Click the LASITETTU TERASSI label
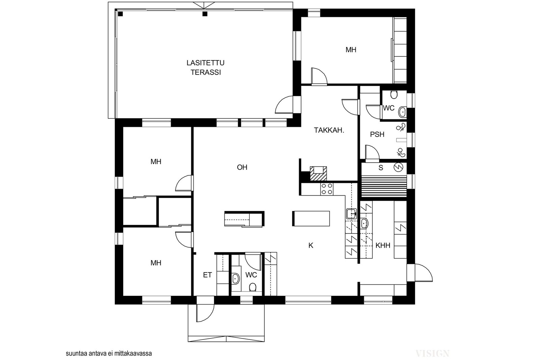[206, 68]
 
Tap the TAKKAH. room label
[329, 130]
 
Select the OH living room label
[242, 167]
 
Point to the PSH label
[377, 135]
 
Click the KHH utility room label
[383, 246]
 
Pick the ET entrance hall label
[207, 275]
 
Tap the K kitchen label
[311, 246]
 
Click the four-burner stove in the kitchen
[327, 189]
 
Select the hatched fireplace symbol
[318, 173]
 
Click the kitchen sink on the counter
[351, 214]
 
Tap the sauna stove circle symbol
[398, 167]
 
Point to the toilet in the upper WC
[394, 94]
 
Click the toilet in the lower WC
[252, 287]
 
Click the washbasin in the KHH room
[364, 224]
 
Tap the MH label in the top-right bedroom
[351, 50]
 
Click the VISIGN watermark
[432, 354]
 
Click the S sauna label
[381, 168]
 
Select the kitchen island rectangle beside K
[311, 218]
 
